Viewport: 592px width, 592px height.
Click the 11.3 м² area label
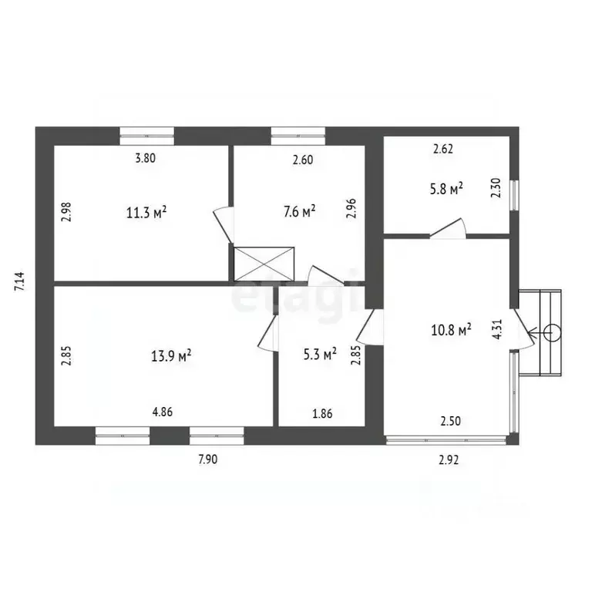146,213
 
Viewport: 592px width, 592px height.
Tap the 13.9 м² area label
171,355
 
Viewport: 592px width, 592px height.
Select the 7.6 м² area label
300,211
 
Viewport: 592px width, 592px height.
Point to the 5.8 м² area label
446,188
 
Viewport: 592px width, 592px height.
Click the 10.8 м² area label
451,331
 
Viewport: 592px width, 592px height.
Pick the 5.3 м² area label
320,354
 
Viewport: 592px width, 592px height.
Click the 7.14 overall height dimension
19,281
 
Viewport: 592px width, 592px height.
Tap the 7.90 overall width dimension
208,459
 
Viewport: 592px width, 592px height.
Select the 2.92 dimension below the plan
449,460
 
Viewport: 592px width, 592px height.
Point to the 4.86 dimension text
163,412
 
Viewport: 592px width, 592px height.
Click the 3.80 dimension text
146,158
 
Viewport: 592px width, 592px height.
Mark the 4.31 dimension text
497,329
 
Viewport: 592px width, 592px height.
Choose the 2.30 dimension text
496,187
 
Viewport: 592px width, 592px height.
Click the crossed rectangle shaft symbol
264,264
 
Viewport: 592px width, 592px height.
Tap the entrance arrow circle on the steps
552,333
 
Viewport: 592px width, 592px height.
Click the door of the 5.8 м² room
448,229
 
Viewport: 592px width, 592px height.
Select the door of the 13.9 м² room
268,334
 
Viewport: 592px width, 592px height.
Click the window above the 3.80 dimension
147,136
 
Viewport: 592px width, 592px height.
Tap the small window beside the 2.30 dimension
514,195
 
